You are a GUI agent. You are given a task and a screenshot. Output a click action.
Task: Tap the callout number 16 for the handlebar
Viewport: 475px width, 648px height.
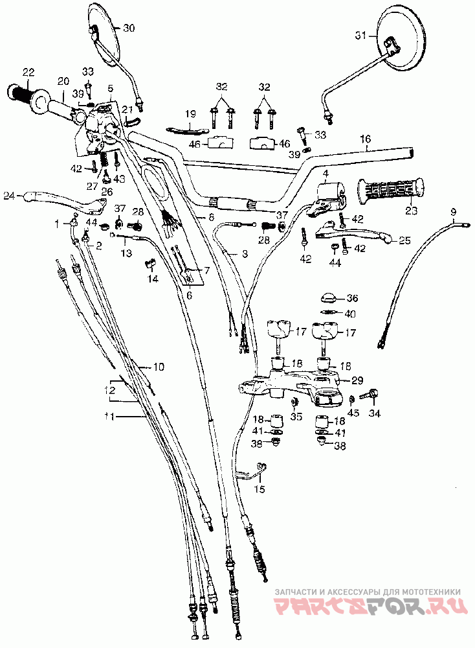tap(366, 139)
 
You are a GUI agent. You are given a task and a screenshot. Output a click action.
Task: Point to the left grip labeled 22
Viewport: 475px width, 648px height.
tap(23, 94)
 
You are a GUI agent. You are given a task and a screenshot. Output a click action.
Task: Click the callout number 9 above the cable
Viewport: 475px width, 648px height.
tap(453, 212)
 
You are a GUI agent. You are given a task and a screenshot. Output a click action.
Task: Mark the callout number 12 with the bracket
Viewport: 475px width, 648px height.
tap(111, 391)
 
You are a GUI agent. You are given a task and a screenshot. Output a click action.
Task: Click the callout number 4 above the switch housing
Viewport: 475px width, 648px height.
tap(326, 174)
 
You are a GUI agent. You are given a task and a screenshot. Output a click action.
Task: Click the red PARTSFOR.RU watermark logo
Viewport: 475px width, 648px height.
tap(368, 606)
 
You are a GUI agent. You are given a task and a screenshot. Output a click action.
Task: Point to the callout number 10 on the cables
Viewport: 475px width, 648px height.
tap(159, 367)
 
